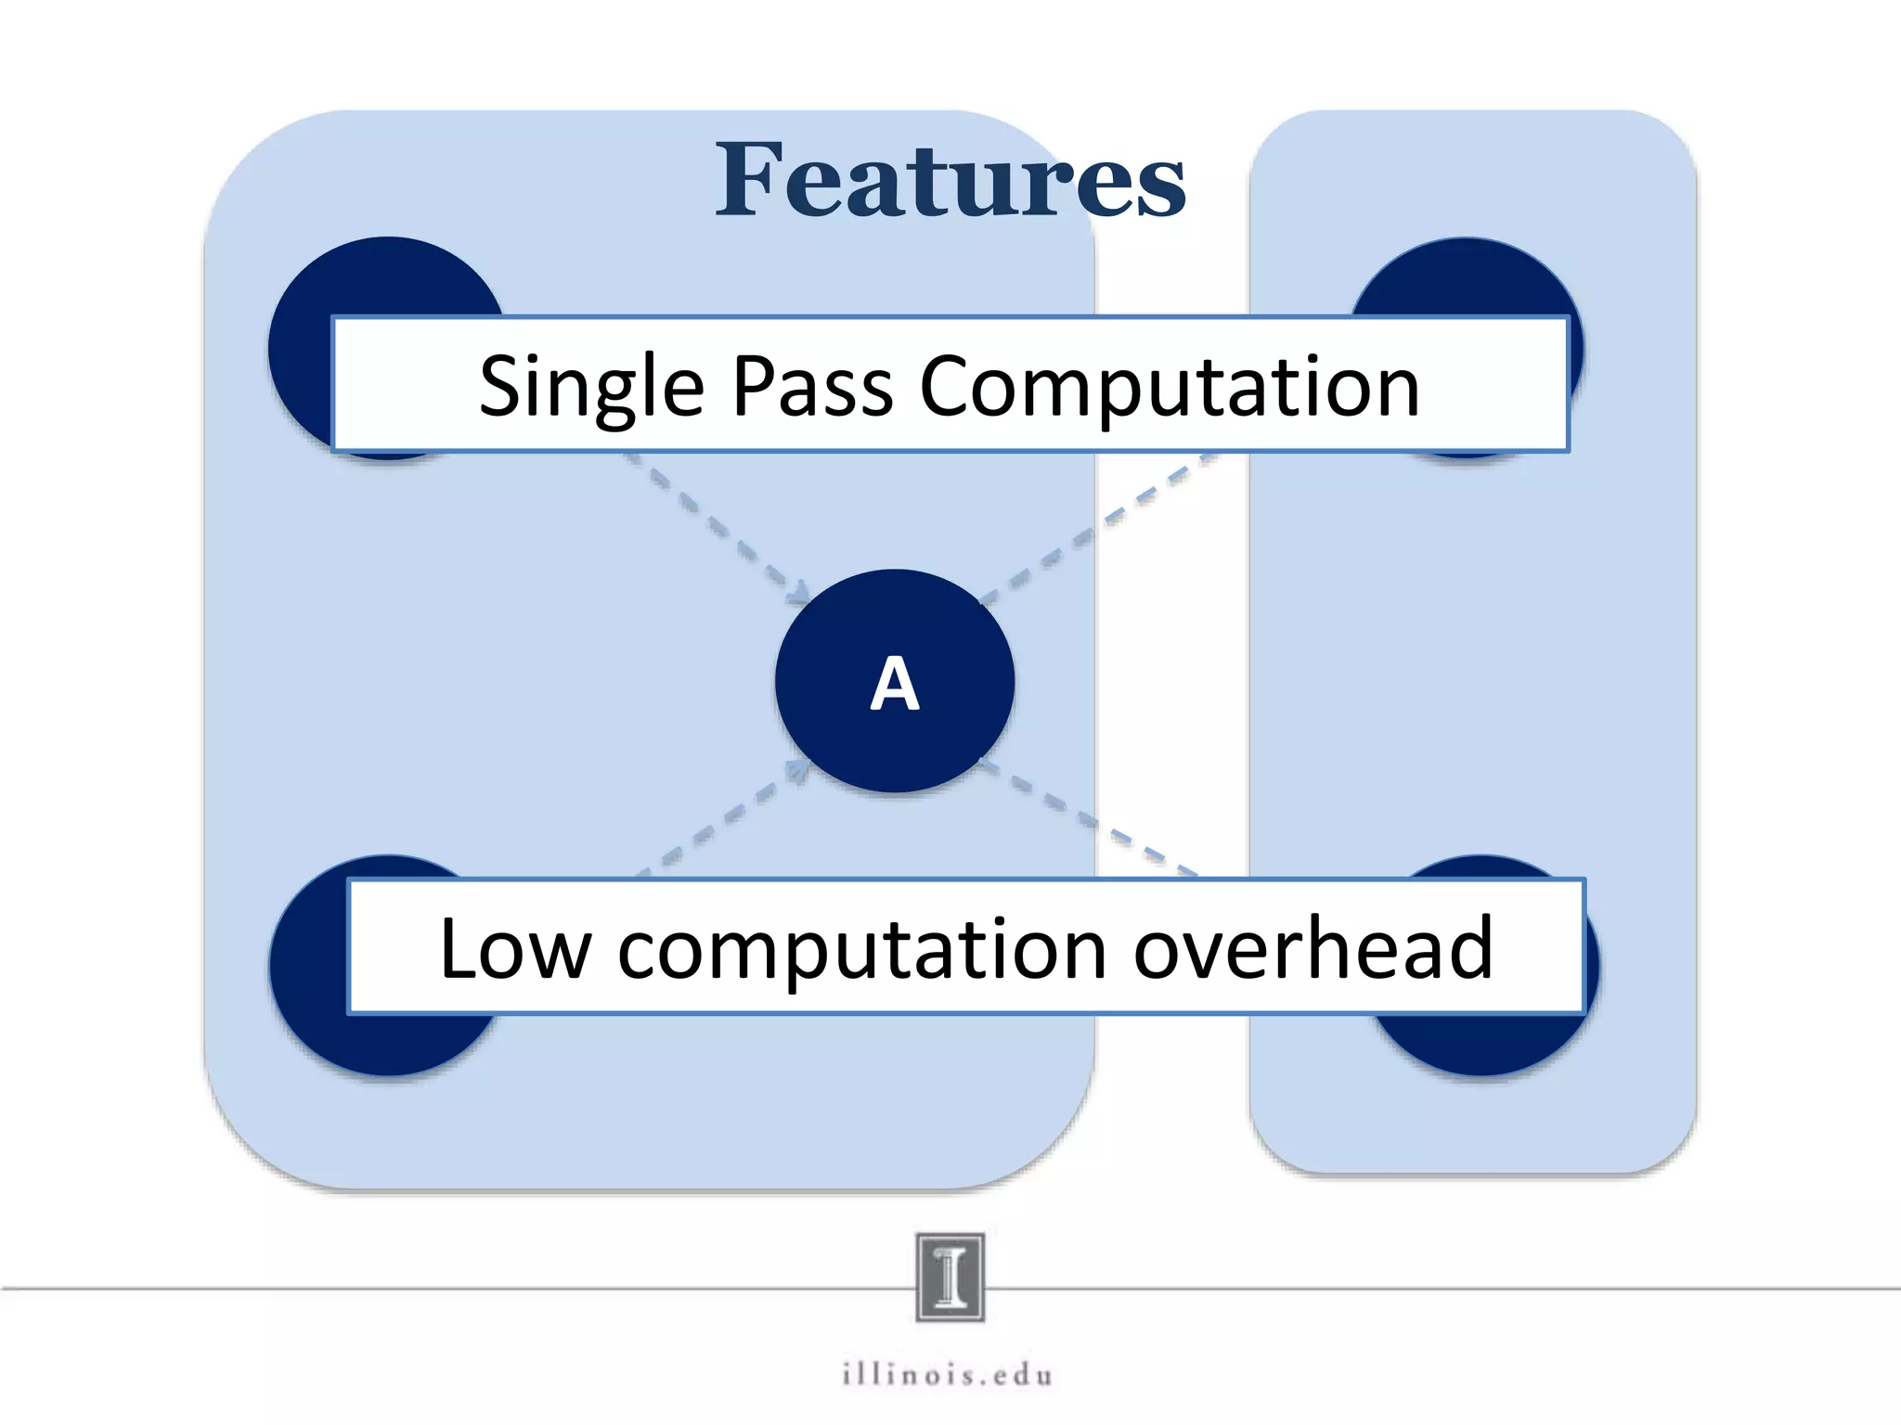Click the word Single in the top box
(591, 386)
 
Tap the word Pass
(812, 386)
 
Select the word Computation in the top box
(1169, 386)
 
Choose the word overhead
(1313, 948)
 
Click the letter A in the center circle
(895, 684)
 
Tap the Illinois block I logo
(950, 1277)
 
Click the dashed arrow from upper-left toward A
(715, 524)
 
